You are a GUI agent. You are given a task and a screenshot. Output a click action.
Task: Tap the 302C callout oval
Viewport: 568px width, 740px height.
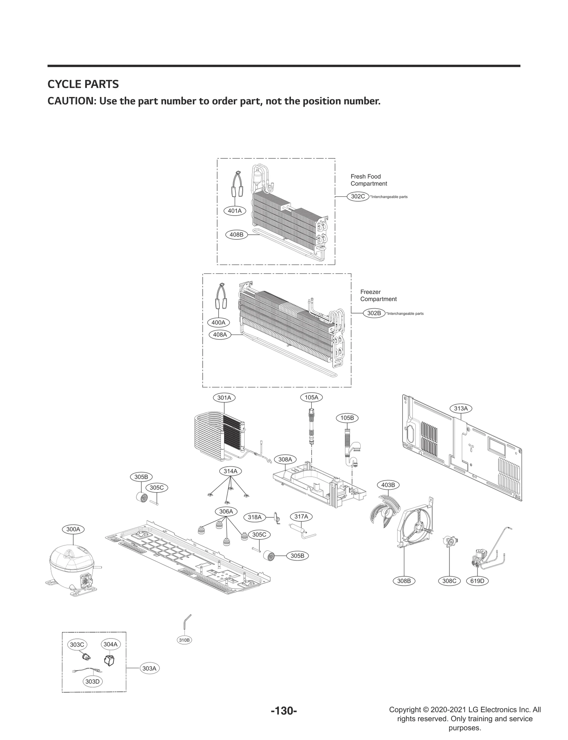pos(358,196)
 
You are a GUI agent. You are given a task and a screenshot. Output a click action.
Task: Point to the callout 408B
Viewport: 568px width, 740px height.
pos(236,235)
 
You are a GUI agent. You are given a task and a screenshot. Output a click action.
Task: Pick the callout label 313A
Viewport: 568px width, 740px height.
pos(461,408)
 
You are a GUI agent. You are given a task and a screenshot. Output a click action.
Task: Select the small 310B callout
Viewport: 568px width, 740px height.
pos(184,640)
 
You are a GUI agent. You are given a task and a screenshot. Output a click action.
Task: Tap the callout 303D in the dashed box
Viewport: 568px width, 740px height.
pos(93,681)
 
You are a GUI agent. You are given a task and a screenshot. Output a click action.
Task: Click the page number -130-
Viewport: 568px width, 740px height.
pos(284,711)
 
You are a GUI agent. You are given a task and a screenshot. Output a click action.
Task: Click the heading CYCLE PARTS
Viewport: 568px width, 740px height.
pos(83,84)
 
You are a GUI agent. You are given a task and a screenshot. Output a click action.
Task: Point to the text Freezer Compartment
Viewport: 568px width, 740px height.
pos(378,295)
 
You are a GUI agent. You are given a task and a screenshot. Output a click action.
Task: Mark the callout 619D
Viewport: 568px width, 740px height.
pos(477,581)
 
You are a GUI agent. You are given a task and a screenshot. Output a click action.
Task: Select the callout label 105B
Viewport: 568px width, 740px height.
pos(347,418)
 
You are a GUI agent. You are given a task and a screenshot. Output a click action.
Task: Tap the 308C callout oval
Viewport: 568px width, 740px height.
pos(449,581)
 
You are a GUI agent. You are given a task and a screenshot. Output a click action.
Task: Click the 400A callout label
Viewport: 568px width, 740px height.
pos(218,322)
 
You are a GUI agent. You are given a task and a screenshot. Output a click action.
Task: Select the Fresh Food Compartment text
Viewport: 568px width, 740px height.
pos(368,180)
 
